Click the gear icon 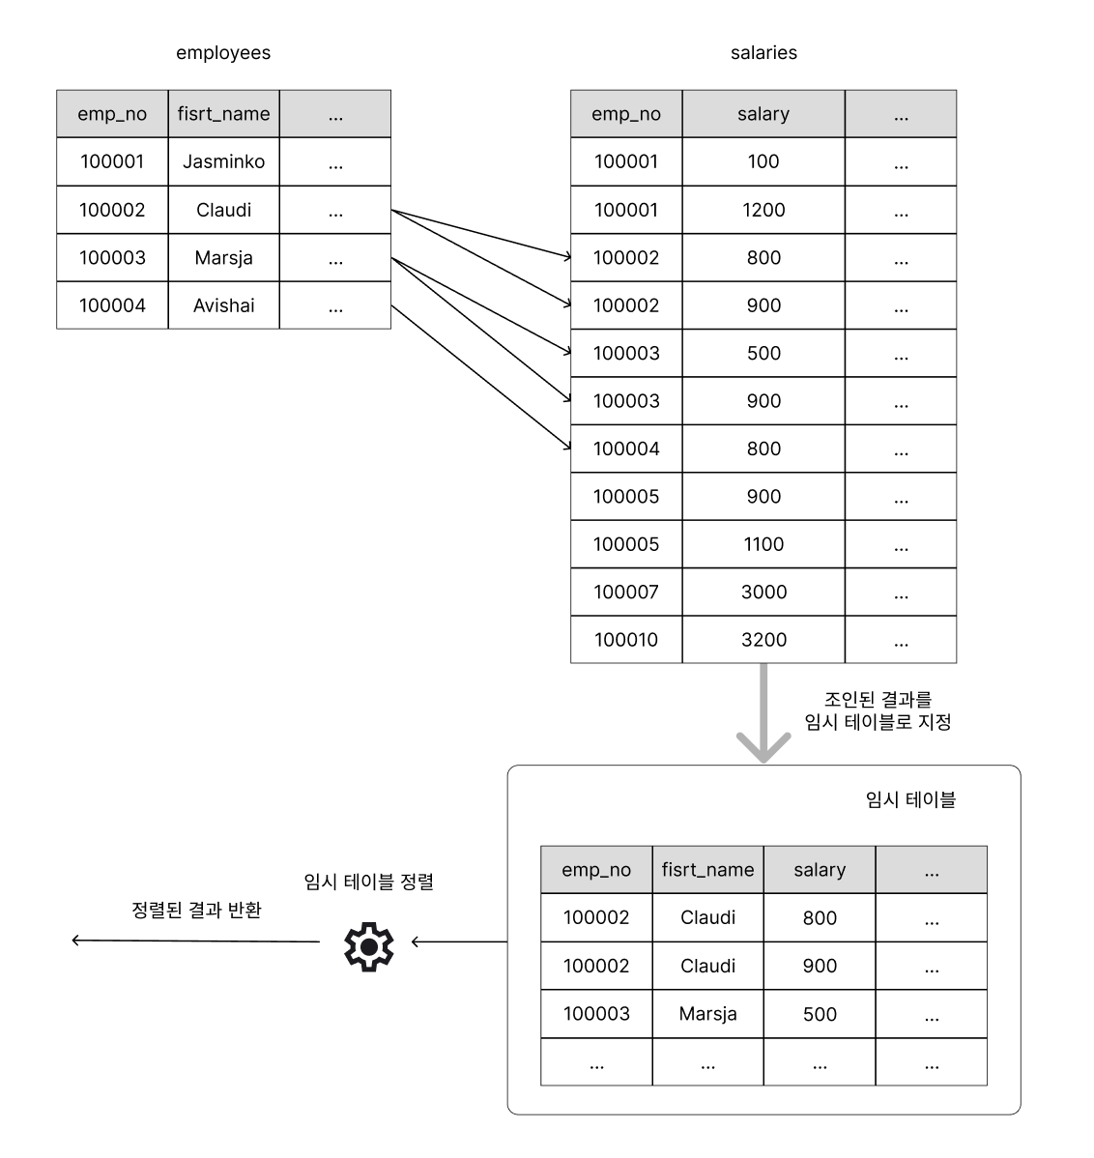tap(368, 946)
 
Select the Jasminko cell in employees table tap(223, 161)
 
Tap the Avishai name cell tap(223, 305)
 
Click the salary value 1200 tap(763, 210)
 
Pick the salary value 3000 tap(763, 593)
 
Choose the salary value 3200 tap(763, 640)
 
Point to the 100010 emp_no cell tap(626, 640)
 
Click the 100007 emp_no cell tap(626, 593)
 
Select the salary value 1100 tap(763, 544)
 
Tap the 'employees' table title tap(223, 53)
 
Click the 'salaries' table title tap(763, 53)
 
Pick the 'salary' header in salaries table tap(763, 114)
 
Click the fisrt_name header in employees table tap(223, 114)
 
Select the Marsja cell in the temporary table tap(708, 1014)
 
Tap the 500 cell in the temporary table tap(820, 1014)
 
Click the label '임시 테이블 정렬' tap(368, 882)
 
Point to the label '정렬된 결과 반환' tap(196, 910)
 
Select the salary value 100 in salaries tap(763, 161)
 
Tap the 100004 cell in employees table tap(112, 305)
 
